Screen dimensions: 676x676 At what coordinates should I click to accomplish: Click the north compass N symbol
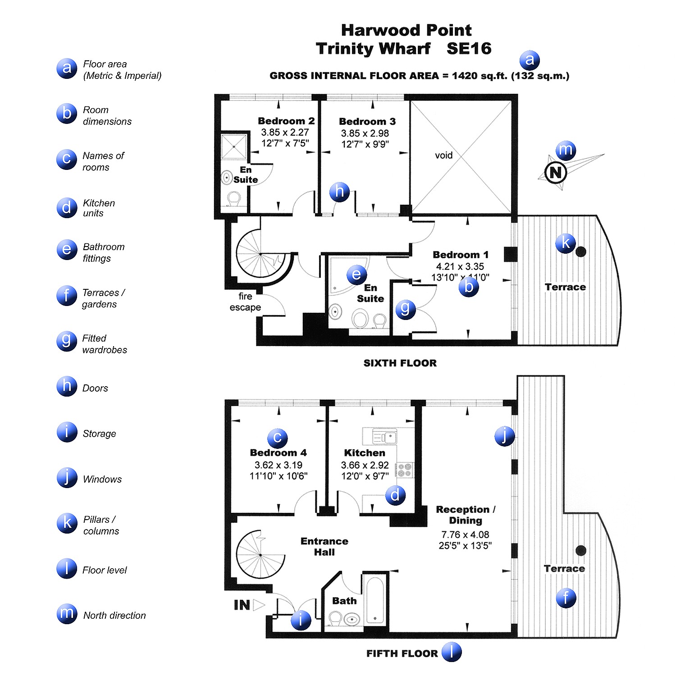[555, 172]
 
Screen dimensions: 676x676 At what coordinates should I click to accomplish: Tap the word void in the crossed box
[443, 155]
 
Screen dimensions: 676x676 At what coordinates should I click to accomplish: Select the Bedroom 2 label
[286, 121]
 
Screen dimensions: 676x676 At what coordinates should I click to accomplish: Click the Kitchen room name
[365, 453]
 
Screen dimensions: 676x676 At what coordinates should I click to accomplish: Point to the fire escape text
[245, 302]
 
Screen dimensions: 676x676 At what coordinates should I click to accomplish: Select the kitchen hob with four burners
[404, 470]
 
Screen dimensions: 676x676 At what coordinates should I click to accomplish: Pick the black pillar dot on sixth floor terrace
[581, 251]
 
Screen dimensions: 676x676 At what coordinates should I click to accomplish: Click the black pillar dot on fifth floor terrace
[581, 550]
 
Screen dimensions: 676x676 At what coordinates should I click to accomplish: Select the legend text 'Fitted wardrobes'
[105, 344]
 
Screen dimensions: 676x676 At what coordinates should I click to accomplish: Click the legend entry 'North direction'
[114, 615]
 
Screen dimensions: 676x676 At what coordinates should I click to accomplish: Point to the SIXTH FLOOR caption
[400, 363]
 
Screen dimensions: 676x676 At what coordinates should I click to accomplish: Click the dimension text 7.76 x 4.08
[465, 534]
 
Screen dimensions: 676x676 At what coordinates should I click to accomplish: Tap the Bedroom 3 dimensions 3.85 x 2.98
[365, 133]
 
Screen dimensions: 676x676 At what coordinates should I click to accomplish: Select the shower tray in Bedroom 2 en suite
[234, 146]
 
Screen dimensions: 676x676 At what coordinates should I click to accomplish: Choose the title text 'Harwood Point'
[406, 30]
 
